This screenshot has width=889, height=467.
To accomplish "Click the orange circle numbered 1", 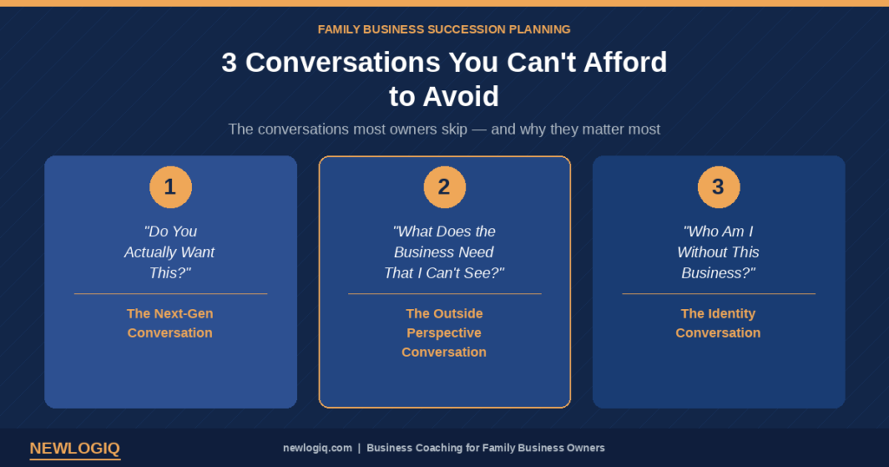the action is coord(171,187).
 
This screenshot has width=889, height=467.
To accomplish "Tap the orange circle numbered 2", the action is coord(444,187).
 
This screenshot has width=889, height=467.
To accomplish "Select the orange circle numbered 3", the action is coord(718,187).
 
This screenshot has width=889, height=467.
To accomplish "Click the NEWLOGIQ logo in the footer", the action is coord(75,448).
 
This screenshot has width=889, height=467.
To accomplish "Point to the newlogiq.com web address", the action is coord(318,448).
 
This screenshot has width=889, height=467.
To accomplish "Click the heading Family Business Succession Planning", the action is coord(444,30).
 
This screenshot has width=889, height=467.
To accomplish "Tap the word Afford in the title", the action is coord(625,62).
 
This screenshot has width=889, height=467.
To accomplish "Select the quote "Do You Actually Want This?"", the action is coord(169,253).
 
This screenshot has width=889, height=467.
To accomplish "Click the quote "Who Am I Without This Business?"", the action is coord(718,253).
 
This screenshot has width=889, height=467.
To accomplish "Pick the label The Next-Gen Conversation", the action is coord(170,323).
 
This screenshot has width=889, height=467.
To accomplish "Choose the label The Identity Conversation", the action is coord(718,323).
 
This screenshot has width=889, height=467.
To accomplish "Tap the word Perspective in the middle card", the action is coord(444,332).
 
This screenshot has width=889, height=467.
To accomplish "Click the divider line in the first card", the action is coord(171,293).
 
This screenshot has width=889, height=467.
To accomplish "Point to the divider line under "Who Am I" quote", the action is coord(718,293).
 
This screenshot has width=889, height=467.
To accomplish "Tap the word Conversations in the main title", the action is coord(342,62).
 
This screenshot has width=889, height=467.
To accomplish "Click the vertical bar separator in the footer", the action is coord(359,448).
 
